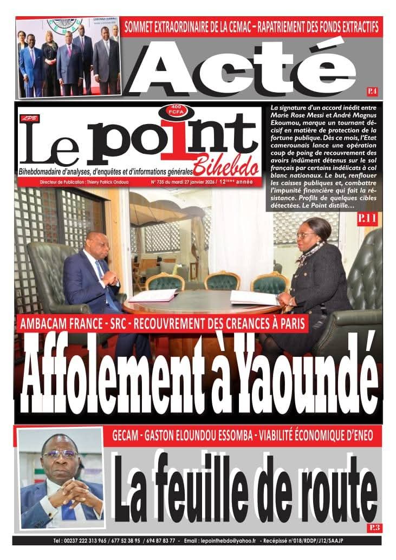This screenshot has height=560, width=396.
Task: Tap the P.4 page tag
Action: click(372, 90)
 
